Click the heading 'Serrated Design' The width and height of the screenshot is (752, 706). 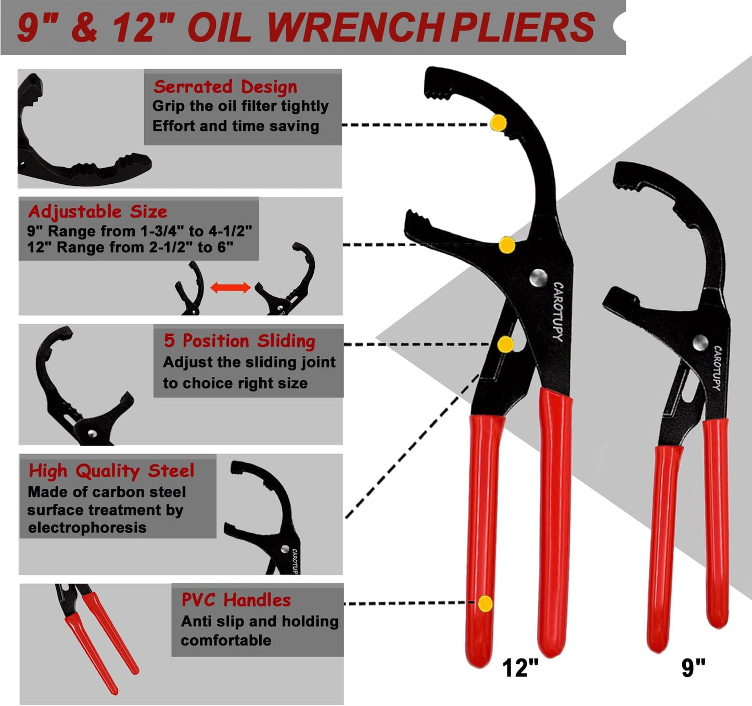[x=225, y=86]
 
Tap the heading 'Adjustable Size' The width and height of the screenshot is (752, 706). [x=97, y=211]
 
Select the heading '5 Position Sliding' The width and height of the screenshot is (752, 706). [x=239, y=341]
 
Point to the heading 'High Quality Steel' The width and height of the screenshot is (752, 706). [x=111, y=471]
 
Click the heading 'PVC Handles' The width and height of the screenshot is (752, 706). [x=236, y=600]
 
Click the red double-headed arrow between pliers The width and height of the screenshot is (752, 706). [x=231, y=287]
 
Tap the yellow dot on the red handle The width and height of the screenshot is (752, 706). [x=485, y=603]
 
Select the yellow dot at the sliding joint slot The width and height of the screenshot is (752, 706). [x=505, y=344]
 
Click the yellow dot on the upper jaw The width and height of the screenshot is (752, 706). [x=499, y=123]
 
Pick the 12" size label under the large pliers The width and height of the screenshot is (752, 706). [x=520, y=667]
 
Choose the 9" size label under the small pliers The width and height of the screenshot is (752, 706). [x=693, y=667]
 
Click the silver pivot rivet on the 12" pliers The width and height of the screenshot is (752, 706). [x=538, y=277]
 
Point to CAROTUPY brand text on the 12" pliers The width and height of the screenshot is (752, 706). [x=557, y=311]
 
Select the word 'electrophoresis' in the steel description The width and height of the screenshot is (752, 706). [x=87, y=528]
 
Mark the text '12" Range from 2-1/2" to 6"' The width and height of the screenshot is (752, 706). [x=130, y=247]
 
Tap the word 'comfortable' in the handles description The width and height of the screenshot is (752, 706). [x=226, y=640]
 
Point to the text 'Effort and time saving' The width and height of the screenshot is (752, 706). [x=235, y=126]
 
